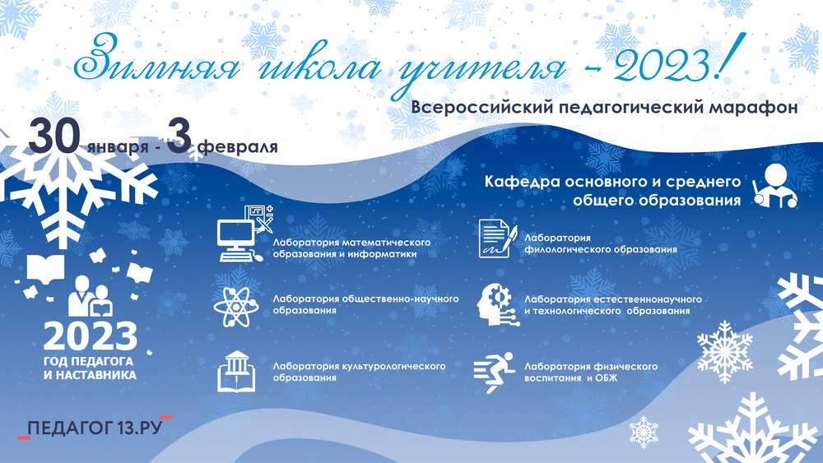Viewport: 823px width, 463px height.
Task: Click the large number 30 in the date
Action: pyautogui.click(x=54, y=137)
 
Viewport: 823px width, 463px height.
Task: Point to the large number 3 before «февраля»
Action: pyautogui.click(x=179, y=137)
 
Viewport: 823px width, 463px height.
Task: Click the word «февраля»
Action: pyautogui.click(x=238, y=146)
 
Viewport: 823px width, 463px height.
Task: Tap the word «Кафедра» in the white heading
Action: pyautogui.click(x=518, y=182)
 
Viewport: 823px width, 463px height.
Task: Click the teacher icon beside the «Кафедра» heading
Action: pyautogui.click(x=774, y=186)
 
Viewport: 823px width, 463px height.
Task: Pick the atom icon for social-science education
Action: pyautogui.click(x=236, y=306)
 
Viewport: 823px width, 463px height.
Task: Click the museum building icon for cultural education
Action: pyautogui.click(x=236, y=372)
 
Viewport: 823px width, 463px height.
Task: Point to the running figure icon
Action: pyautogui.click(x=494, y=373)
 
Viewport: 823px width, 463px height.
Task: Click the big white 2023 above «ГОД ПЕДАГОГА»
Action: pyautogui.click(x=91, y=336)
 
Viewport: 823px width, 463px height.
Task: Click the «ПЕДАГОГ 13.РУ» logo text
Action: pyautogui.click(x=95, y=428)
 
